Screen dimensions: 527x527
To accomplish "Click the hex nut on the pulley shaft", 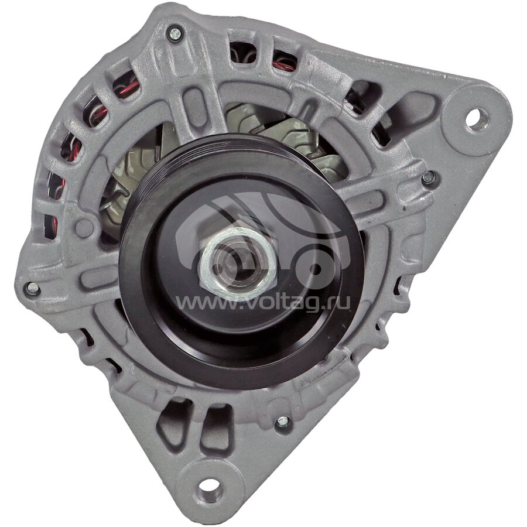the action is pyautogui.click(x=238, y=263).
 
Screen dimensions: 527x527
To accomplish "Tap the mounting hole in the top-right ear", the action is pyautogui.click(x=477, y=118).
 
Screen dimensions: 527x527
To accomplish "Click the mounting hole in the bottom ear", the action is pyautogui.click(x=208, y=486).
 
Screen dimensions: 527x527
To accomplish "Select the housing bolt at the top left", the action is pyautogui.click(x=174, y=33).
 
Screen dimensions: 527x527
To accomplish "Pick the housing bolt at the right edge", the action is pyautogui.click(x=428, y=178).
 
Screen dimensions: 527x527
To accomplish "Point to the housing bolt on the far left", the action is pyautogui.click(x=33, y=288).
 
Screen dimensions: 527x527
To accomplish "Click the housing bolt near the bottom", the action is pyautogui.click(x=282, y=422).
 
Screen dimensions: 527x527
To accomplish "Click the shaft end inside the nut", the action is pyautogui.click(x=237, y=263).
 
